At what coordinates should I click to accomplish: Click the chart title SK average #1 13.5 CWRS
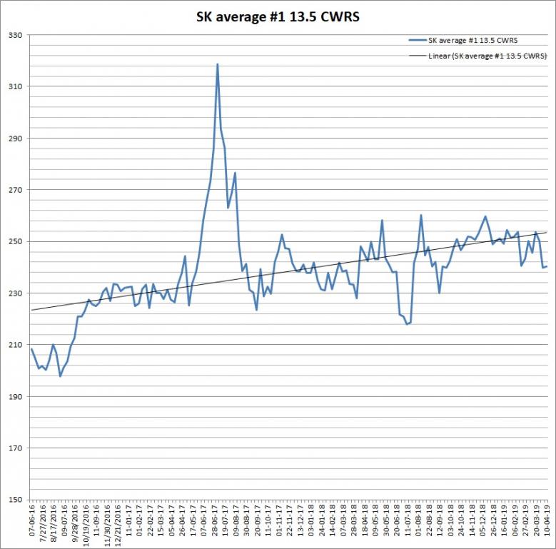tap(278, 16)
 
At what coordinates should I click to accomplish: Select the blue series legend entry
tap(463, 41)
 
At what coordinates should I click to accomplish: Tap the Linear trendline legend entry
tap(477, 56)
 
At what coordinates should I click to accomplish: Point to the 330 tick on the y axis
tap(15, 35)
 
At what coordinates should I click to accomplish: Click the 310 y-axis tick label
tap(15, 86)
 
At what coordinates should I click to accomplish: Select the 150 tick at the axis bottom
tap(15, 499)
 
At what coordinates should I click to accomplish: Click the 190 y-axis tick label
tap(15, 396)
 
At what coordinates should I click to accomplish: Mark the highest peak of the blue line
tap(218, 64)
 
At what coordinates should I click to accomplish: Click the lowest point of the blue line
tap(60, 376)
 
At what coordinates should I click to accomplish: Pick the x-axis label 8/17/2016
tap(54, 521)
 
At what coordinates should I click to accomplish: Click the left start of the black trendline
tap(31, 311)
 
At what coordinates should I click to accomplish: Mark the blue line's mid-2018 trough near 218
tap(407, 324)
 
